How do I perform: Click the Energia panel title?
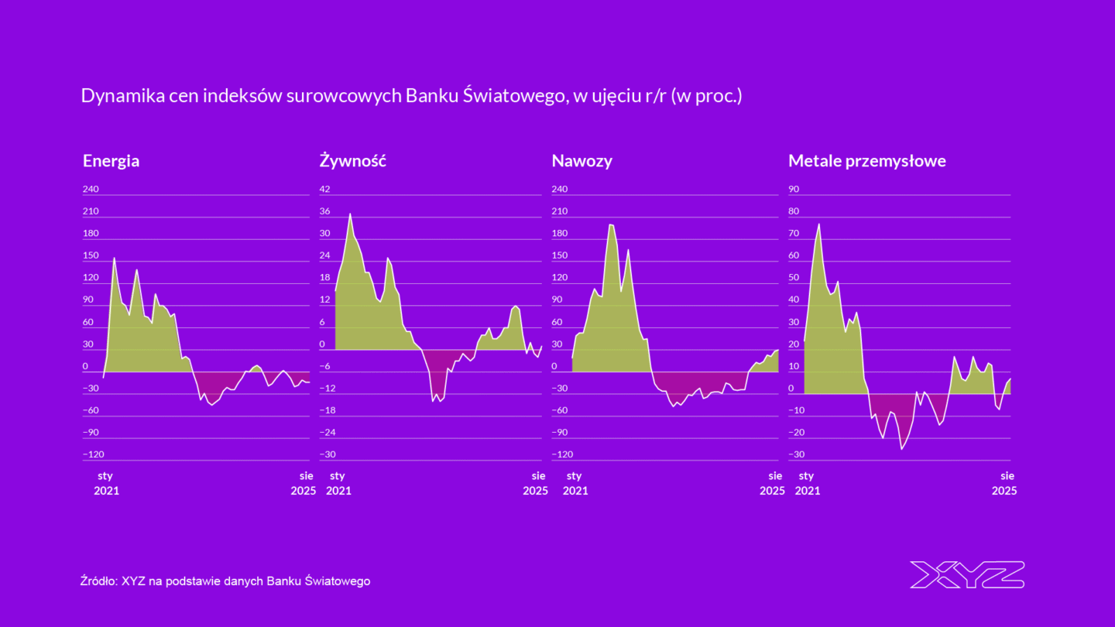[111, 161]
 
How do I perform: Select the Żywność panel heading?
[352, 161]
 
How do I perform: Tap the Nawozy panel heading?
[582, 161]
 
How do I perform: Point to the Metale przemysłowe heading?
[866, 161]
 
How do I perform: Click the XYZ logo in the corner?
[967, 574]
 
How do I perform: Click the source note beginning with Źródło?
[225, 581]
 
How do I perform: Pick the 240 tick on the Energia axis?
[91, 189]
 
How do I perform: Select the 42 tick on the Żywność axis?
[325, 189]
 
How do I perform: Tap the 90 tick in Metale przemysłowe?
[794, 189]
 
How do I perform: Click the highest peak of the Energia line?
[115, 258]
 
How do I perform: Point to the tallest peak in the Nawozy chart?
[611, 224]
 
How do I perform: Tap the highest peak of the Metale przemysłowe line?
[819, 224]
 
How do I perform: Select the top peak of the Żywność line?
[350, 214]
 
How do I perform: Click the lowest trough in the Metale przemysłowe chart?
[901, 449]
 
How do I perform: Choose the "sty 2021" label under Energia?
[106, 483]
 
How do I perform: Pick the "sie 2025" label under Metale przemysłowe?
[1005, 483]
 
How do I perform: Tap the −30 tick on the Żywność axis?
[328, 454]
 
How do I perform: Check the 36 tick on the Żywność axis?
[325, 211]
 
